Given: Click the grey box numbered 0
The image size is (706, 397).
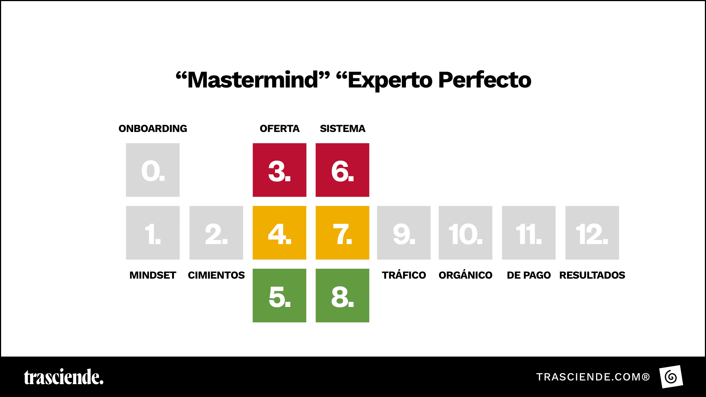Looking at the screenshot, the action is pos(153,170).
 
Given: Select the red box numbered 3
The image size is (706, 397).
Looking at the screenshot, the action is pos(279,170).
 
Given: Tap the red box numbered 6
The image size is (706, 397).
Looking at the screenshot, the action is pos(342,170).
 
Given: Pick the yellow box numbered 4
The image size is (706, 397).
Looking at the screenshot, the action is pos(279,233).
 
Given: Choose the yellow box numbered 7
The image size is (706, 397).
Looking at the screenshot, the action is pos(342,233).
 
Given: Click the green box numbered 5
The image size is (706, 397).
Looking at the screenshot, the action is pos(279,296).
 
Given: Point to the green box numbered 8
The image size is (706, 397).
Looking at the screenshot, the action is pos(342,296).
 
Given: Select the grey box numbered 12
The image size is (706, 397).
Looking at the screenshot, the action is pos(592,233).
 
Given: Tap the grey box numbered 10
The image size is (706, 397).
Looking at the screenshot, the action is pos(466,233).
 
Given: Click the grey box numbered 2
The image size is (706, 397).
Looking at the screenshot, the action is pos(216,233).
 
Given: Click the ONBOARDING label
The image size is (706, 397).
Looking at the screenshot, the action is pos(153,129).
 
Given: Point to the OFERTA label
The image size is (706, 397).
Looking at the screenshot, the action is pos(279,129).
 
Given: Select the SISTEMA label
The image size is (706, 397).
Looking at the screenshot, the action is pos(342,129).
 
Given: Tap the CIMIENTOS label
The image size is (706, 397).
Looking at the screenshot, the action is pos(216,275).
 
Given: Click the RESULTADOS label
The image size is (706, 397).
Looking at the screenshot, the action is pos(592,275).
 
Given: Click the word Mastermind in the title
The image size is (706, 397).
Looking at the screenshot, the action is pos(253,80).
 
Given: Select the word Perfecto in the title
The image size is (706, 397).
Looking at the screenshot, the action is pos(485,80).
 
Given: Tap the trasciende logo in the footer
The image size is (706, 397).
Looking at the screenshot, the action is pos(64,377).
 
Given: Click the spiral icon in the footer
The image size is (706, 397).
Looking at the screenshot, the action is pos(671,377).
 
